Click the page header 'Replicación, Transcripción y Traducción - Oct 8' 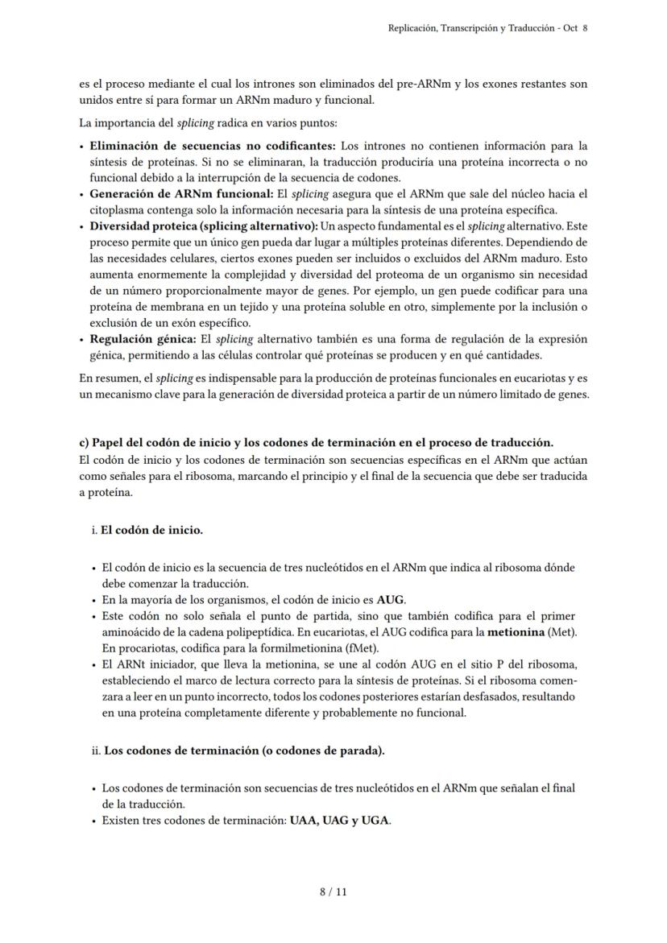[487, 27]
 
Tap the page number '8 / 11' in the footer [333, 891]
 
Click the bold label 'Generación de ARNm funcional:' [181, 194]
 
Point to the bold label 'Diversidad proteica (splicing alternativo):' [205, 226]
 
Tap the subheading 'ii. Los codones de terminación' [238, 751]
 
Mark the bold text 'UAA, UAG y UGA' [339, 821]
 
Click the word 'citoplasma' [116, 210]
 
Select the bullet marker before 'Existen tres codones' [94, 821]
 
